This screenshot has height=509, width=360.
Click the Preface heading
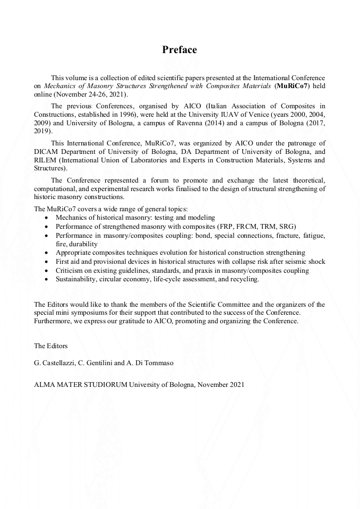(x=179, y=50)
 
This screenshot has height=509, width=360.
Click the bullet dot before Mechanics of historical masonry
(x=48, y=218)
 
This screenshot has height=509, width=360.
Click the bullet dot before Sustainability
(x=48, y=279)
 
